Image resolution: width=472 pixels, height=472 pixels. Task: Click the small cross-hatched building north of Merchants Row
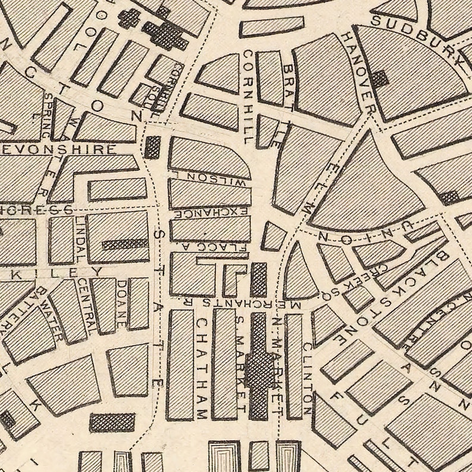point(259,280)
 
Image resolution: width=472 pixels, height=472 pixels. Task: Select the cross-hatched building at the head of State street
point(153,147)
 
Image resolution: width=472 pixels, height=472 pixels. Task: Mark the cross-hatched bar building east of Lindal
point(125,244)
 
